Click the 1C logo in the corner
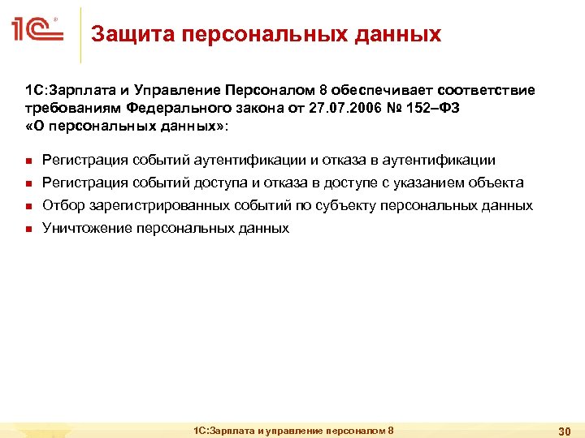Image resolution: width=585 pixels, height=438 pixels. point(37,30)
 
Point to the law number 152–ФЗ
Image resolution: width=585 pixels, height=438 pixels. point(438,108)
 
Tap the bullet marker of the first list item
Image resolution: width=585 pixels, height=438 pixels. point(28,161)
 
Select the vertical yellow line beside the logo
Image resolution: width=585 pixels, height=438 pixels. point(81,34)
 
